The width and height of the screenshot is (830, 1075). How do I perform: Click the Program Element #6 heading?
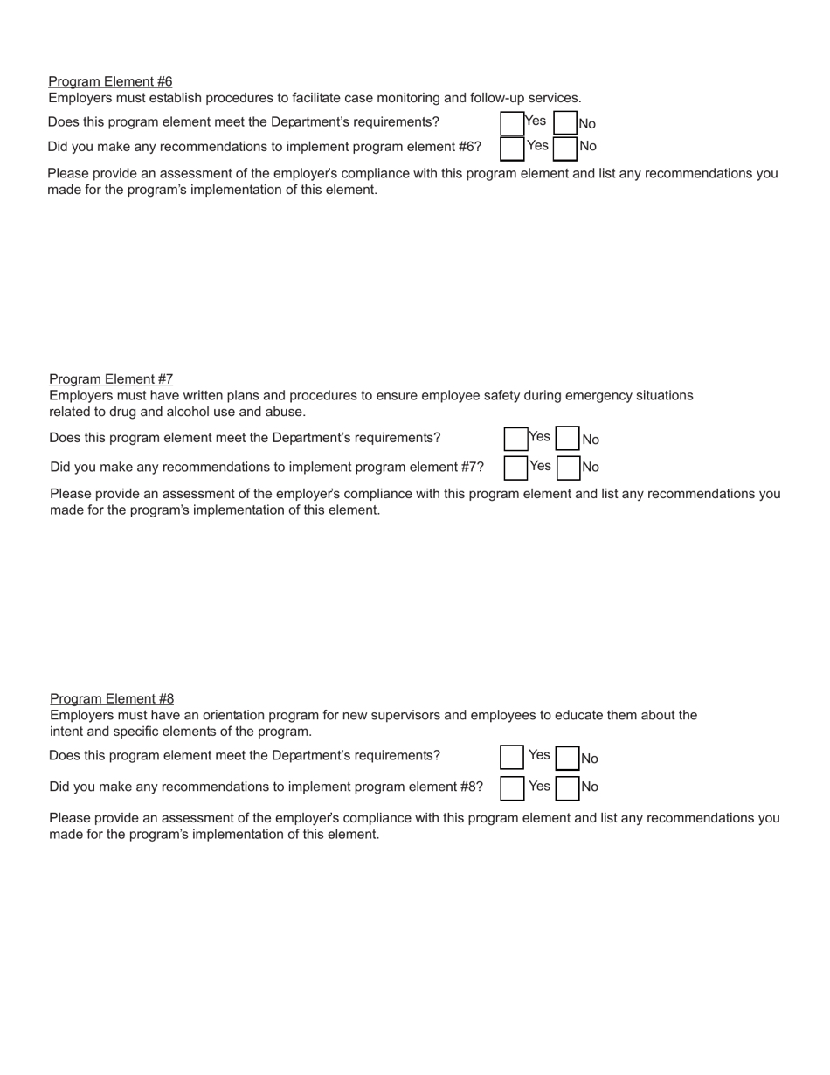pyautogui.click(x=110, y=81)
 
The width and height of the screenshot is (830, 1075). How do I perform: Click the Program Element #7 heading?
pyautogui.click(x=111, y=378)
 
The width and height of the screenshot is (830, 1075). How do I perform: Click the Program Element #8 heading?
pyautogui.click(x=112, y=698)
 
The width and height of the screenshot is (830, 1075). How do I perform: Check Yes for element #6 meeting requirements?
pyautogui.click(x=512, y=123)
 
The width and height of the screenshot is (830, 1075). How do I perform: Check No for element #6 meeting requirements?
pyautogui.click(x=565, y=123)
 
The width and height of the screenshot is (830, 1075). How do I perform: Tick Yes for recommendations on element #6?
pyautogui.click(x=512, y=149)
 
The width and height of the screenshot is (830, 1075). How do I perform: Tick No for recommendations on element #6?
pyautogui.click(x=565, y=149)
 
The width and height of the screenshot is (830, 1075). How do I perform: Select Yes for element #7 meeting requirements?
pyautogui.click(x=515, y=439)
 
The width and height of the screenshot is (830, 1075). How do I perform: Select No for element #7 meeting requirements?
pyautogui.click(x=568, y=438)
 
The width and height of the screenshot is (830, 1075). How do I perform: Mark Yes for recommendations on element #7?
pyautogui.click(x=515, y=468)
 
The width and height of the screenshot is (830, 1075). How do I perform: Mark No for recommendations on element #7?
pyautogui.click(x=569, y=468)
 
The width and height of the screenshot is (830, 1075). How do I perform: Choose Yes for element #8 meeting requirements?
pyautogui.click(x=512, y=757)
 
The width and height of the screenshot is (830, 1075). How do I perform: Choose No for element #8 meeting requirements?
pyautogui.click(x=568, y=758)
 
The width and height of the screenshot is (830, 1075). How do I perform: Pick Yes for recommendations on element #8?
pyautogui.click(x=512, y=788)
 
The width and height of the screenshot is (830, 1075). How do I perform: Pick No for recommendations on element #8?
pyautogui.click(x=568, y=788)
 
